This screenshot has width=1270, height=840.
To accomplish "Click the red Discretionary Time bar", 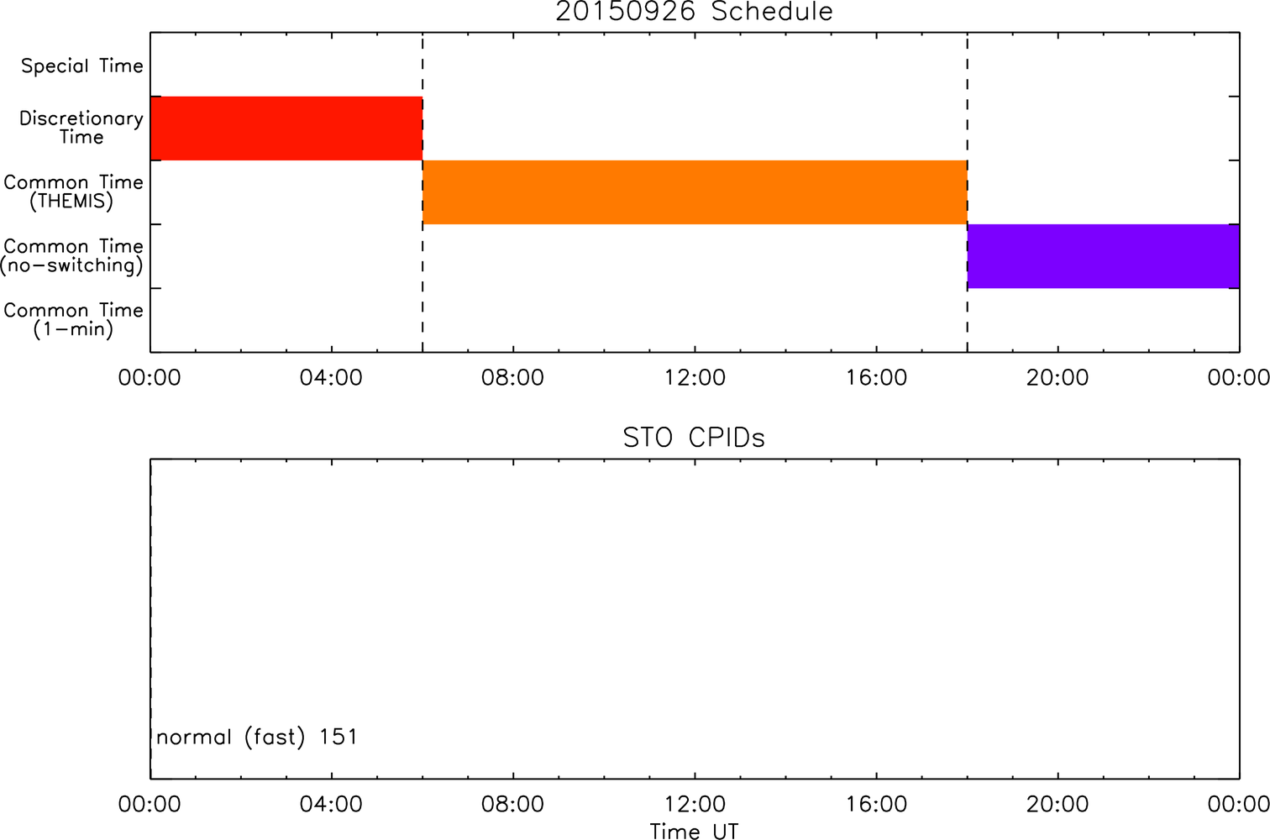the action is pos(286,129).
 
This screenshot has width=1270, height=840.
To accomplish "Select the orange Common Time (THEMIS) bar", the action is pos(695,192).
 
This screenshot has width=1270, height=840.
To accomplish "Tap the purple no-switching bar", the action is pos(1104,256).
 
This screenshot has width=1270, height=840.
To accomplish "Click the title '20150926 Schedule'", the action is pos(694,12).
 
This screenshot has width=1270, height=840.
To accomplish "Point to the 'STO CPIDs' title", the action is pos(694,438).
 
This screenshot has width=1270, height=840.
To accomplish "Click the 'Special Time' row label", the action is pos(82,66).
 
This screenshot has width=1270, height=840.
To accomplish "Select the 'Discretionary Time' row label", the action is pos(81,128).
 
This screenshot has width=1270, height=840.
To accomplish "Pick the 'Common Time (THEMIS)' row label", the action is pos(73,192).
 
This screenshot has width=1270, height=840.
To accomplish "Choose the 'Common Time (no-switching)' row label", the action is pos(72,256).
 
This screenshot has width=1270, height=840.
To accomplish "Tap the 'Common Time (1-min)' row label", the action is pos(73,320).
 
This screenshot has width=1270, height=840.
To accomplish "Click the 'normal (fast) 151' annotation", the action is pos(257,737).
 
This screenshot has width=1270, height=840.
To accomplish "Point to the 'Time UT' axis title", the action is pos(694,831).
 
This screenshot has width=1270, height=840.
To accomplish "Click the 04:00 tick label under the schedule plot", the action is pos(331,378).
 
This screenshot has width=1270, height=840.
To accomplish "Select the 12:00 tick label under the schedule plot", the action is pos(695,378).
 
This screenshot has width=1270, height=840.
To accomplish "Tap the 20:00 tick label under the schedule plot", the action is pos(1057,378).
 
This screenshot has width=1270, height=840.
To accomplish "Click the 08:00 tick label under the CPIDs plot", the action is pos(512,804).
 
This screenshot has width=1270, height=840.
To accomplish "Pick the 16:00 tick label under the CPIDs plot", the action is pos(876,804).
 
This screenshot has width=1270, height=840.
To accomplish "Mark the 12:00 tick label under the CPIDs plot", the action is pos(695,804).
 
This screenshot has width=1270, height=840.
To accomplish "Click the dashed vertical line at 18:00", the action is pos(968,192).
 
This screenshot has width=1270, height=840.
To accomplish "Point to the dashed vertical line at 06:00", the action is pos(422,192).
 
